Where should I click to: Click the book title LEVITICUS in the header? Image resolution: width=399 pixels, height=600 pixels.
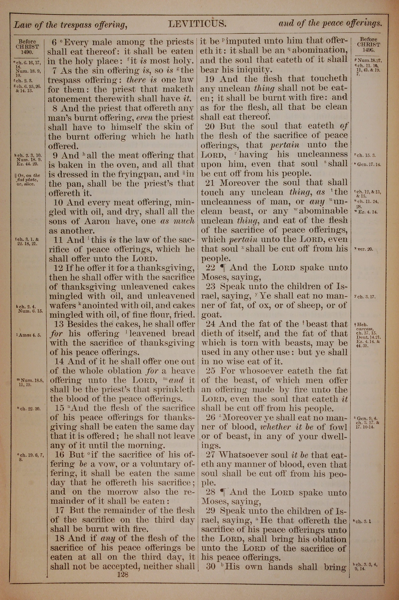pos(197,24)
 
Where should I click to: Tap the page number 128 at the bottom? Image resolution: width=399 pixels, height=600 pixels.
pos(123,568)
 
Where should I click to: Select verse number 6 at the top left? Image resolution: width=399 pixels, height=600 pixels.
pos(54,42)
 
